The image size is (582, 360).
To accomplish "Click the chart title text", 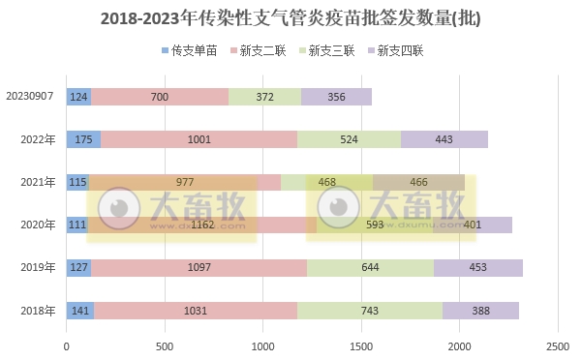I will [x=291, y=18].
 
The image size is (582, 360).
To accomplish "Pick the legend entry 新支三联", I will [x=332, y=49].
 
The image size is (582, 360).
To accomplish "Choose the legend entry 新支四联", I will [x=401, y=49].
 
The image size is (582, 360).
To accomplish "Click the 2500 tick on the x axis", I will [x=557, y=345].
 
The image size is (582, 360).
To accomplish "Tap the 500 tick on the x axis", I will [x=165, y=345].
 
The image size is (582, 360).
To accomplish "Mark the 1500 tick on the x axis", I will [x=361, y=345].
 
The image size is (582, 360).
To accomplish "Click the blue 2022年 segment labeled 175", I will [x=83, y=139].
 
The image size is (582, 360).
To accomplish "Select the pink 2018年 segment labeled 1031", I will [x=196, y=311].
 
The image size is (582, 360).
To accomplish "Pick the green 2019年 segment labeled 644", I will [x=370, y=268].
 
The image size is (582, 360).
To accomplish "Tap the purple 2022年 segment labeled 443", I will [x=444, y=139].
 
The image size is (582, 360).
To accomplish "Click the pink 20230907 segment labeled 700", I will [x=160, y=97].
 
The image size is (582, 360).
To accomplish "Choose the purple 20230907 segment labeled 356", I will [x=336, y=97].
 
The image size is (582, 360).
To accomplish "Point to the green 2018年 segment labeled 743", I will [x=370, y=311].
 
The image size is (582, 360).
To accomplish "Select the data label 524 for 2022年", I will [x=349, y=139].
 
